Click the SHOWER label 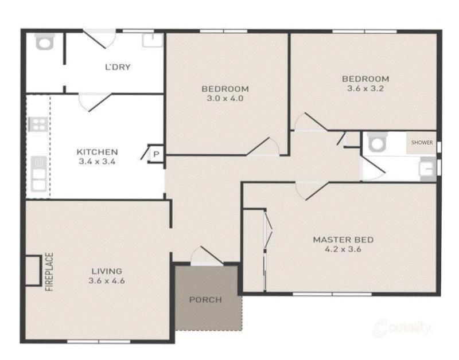[x=422, y=142]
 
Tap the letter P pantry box [x=156, y=154]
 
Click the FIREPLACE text [x=49, y=272]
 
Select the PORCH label [x=205, y=300]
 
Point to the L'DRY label [x=118, y=67]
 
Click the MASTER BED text [x=343, y=240]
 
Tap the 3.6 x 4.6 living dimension [x=107, y=281]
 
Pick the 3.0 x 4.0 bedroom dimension [x=225, y=98]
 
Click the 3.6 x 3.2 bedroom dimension [x=365, y=88]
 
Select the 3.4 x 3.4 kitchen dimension [x=97, y=161]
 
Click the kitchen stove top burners [x=38, y=124]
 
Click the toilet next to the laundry [x=45, y=41]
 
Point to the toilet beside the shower [x=378, y=142]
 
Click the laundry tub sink [x=153, y=40]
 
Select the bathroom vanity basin [x=427, y=169]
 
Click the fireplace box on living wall [x=33, y=271]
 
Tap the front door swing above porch [x=207, y=256]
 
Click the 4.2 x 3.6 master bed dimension [x=343, y=249]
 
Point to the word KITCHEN [x=97, y=152]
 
